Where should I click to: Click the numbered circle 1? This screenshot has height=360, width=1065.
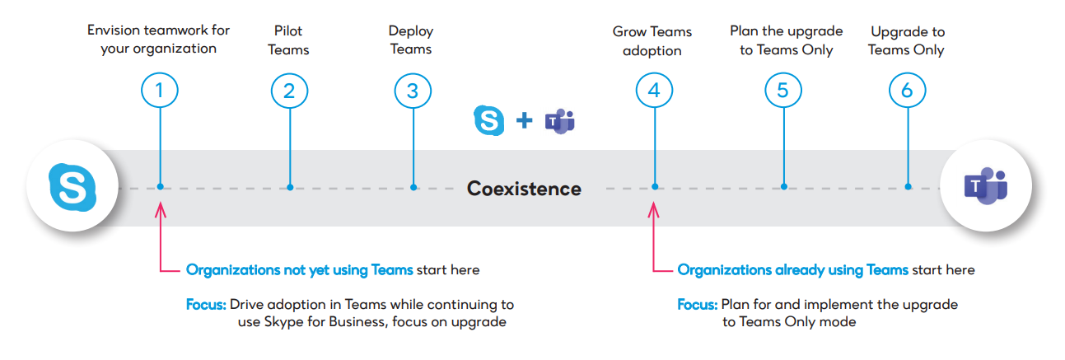point(160,91)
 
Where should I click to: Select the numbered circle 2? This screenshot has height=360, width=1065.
point(289,91)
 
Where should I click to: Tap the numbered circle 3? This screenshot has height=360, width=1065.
point(413,91)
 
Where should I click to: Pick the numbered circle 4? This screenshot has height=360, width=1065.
point(654,91)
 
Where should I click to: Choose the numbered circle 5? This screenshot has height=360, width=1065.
point(782,91)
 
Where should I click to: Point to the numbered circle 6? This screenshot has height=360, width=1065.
point(907,91)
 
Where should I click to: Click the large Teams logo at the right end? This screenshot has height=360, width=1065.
point(986,188)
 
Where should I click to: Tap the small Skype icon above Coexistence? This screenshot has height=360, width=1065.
point(489,120)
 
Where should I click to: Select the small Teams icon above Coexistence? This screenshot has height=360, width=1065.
point(559,121)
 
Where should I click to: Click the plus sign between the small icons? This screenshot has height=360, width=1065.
point(525,121)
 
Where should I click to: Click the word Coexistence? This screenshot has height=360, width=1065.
point(524,189)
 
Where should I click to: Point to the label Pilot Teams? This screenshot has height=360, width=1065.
point(289,40)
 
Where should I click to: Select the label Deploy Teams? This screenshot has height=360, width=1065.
point(411,40)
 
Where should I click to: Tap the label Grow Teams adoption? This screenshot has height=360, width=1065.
point(652,41)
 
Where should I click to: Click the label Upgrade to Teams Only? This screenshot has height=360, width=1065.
point(906,40)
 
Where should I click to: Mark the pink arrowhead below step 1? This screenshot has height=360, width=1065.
point(161,211)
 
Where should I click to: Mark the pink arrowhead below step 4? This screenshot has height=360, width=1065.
point(655,211)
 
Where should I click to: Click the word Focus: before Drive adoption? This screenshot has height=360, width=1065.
point(206,305)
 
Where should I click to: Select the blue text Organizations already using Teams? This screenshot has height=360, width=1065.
point(792,270)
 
